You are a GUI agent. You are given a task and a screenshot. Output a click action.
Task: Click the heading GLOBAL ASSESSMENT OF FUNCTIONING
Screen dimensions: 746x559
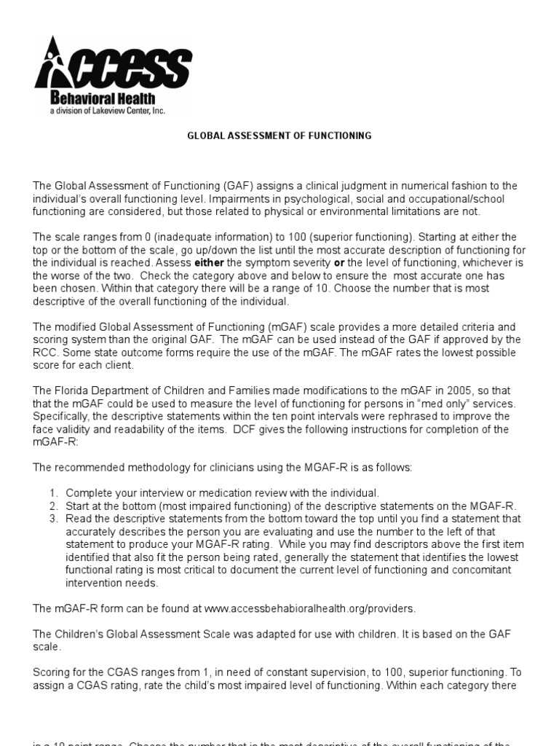point(279,136)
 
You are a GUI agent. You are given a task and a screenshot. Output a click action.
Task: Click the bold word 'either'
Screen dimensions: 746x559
point(210,262)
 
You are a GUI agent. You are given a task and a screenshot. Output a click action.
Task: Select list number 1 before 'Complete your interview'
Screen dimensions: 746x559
point(53,494)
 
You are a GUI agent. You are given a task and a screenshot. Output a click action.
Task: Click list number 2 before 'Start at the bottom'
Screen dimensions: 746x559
point(53,506)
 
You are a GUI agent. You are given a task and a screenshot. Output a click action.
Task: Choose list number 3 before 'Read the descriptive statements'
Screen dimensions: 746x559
point(53,519)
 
